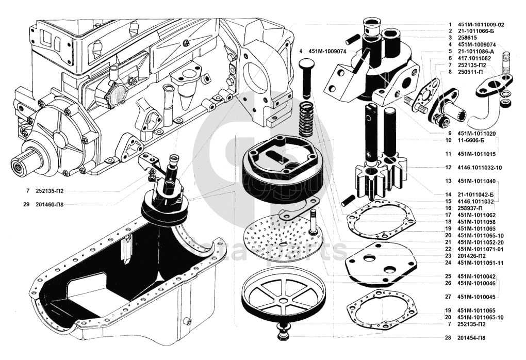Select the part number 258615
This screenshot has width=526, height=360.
coord(468,38)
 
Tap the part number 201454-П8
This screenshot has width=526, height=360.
coord(471,338)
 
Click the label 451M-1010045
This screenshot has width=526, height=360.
coord(476,297)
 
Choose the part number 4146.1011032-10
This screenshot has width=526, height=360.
coord(480,168)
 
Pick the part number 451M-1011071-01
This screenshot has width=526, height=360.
coord(480,249)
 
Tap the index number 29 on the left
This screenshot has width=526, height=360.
coord(26,204)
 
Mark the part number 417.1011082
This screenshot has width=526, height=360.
coord(474,58)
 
